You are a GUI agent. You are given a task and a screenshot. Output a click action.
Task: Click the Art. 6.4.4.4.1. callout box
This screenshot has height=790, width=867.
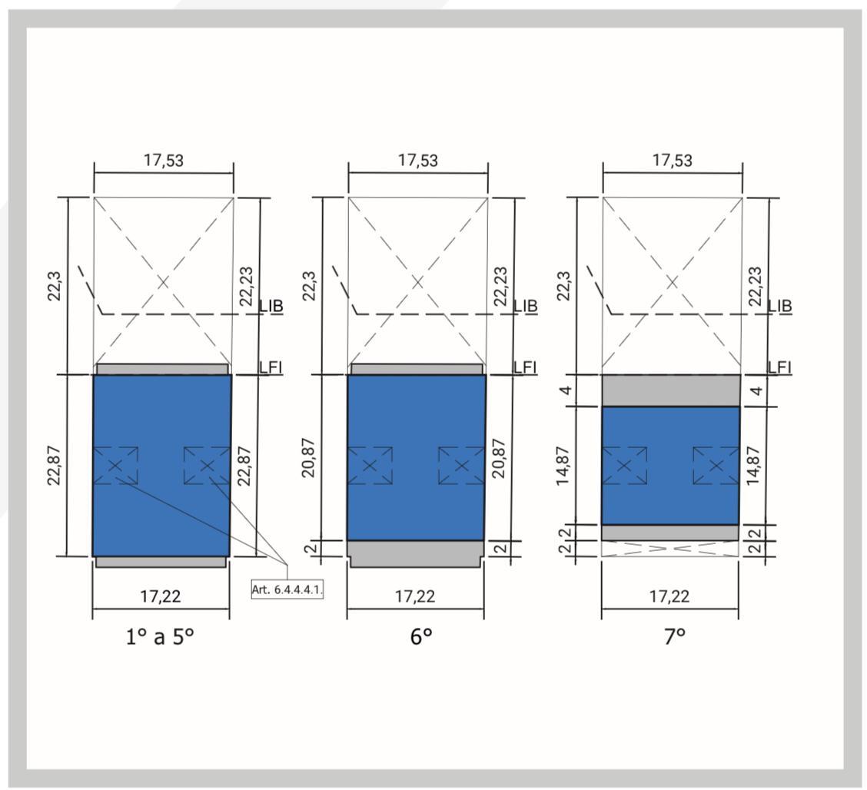[287, 589]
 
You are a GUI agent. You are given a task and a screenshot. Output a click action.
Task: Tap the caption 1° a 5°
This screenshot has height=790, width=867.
[160, 637]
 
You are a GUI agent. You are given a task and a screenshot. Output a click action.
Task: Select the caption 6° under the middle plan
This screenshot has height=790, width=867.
[420, 637]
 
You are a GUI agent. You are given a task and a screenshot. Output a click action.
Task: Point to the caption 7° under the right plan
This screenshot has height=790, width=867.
[675, 637]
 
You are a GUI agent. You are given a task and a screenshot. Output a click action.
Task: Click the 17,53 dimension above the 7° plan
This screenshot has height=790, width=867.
[673, 161]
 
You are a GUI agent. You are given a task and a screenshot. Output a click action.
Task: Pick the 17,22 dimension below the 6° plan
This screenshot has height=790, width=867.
[415, 596]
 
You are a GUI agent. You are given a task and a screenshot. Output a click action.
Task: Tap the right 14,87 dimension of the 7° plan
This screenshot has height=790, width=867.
[753, 466]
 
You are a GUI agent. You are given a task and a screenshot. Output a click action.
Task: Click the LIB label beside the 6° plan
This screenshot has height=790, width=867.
[525, 306]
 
